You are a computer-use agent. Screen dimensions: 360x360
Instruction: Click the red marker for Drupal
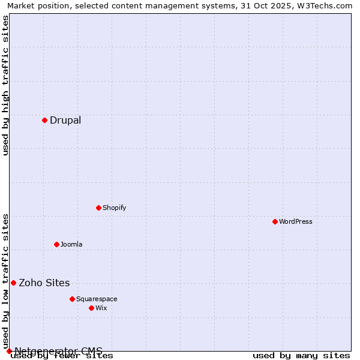tap(44, 120)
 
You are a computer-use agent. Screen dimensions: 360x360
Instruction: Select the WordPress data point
tap(275, 221)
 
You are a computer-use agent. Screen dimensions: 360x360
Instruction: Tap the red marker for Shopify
tap(98, 208)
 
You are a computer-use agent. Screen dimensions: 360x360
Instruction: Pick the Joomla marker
tap(56, 244)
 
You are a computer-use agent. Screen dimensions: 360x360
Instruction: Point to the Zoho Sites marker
tap(13, 283)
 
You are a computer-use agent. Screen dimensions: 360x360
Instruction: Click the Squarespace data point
tap(72, 299)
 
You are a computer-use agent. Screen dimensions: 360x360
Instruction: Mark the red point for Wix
tap(91, 308)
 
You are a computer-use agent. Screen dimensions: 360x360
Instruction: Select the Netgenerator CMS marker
tap(9, 351)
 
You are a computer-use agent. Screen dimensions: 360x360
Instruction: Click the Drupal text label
tap(65, 120)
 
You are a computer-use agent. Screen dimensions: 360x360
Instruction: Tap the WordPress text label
tap(296, 221)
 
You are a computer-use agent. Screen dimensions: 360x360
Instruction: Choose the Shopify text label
tap(114, 208)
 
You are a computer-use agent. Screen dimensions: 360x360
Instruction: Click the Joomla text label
tap(71, 244)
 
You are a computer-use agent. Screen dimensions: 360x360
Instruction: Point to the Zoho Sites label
tap(44, 283)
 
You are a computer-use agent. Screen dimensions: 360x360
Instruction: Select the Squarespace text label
tap(97, 299)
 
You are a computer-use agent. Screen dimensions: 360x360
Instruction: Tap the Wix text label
tap(101, 308)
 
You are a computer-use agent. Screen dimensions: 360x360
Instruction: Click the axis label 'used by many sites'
tap(301, 355)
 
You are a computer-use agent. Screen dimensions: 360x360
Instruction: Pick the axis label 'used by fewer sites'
tap(62, 355)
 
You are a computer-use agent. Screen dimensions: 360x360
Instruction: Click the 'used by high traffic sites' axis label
tap(6, 85)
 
